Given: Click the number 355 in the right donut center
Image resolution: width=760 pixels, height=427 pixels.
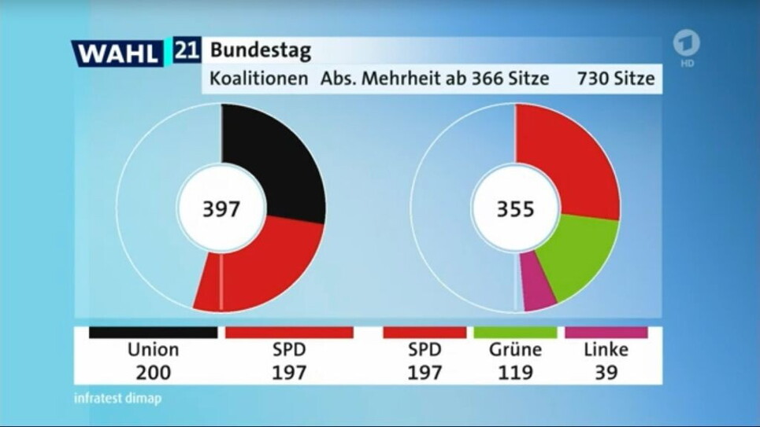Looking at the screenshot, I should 515,210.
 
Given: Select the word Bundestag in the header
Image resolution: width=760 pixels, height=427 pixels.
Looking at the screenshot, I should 260,52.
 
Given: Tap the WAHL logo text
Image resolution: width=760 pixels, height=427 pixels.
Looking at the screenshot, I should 119,53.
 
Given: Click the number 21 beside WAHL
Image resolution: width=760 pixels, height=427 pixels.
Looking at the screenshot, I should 186,51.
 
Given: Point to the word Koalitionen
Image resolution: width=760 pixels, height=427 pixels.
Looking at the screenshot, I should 258,79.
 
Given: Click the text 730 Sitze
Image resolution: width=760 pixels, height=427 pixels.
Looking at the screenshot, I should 615,79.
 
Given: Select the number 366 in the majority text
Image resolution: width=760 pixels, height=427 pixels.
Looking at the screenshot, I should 490,79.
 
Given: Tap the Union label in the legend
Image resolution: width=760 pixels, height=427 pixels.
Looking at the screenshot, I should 153,350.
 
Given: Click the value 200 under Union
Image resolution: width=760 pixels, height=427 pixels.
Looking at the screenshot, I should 153,372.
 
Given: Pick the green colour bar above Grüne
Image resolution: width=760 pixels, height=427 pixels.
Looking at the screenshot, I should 514,333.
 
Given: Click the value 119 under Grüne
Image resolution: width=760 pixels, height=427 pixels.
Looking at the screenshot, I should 514,372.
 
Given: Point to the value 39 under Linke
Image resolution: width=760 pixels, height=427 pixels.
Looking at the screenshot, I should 606,372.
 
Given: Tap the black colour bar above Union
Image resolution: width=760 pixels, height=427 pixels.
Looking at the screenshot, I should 153,333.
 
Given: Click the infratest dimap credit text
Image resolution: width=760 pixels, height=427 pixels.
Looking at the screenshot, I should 118,398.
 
